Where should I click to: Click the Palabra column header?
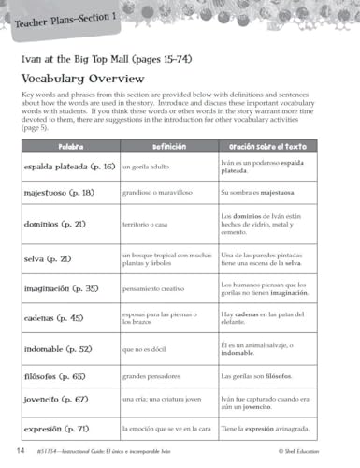tap(71, 148)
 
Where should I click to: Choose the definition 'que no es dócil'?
tap(148, 348)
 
